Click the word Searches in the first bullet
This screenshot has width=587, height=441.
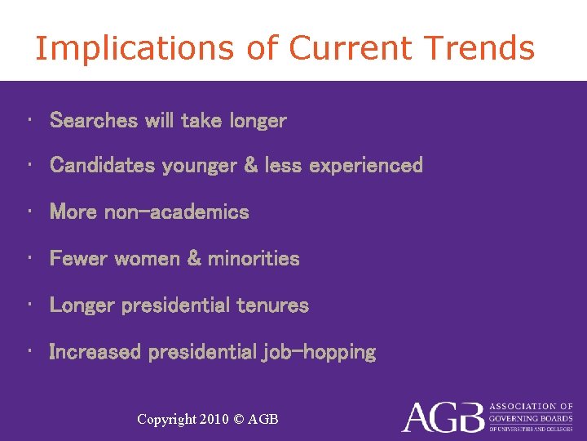tap(94, 121)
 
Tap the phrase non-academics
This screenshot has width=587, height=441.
tap(177, 212)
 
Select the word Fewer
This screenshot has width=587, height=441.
tap(78, 259)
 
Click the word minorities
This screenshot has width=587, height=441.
tap(254, 259)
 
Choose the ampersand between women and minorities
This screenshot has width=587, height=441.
tap(194, 259)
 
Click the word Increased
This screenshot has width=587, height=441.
tap(95, 352)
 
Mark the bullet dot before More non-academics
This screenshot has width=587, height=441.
tap(29, 212)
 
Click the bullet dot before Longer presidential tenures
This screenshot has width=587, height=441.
tap(29, 305)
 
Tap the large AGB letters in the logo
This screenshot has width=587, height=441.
tap(442, 417)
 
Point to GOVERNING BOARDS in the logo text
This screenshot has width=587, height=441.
tap(531, 417)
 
